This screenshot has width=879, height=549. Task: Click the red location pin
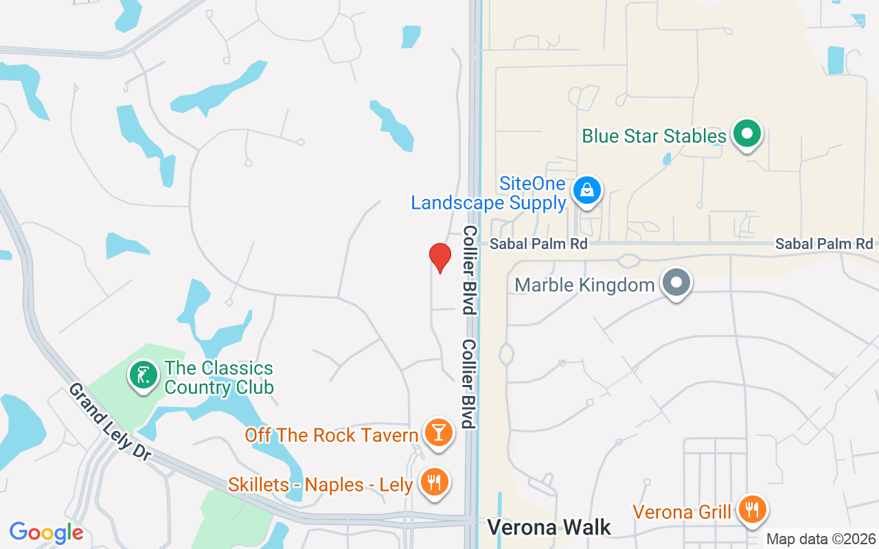(x=440, y=257)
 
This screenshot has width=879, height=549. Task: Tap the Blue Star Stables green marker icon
(x=747, y=135)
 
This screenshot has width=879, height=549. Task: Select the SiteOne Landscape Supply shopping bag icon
(x=587, y=190)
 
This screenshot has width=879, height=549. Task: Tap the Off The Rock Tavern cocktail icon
(x=438, y=433)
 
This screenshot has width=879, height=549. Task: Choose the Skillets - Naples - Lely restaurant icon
(x=434, y=482)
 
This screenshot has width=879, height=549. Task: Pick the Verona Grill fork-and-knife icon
(x=753, y=509)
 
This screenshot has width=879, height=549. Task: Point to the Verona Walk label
(x=549, y=527)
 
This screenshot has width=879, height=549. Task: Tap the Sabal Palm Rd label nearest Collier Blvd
(x=538, y=244)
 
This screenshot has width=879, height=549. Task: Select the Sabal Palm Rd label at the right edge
(x=824, y=244)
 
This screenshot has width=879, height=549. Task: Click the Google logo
(x=46, y=533)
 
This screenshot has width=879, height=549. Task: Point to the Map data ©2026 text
(x=821, y=539)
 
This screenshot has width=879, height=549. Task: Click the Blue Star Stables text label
(x=654, y=136)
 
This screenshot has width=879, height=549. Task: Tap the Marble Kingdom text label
(x=584, y=284)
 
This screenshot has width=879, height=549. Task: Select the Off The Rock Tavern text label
(x=332, y=434)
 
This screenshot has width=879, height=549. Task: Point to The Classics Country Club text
(x=219, y=377)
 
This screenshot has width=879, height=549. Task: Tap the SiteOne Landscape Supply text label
(x=488, y=194)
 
